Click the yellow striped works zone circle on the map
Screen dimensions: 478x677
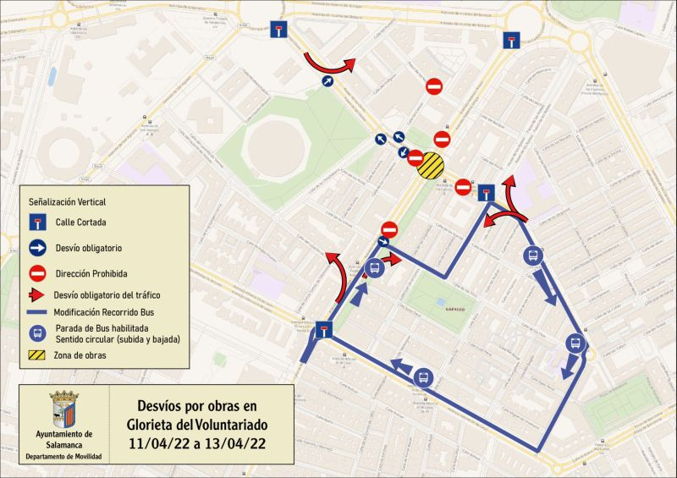(431, 166)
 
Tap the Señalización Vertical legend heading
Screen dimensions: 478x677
(68, 202)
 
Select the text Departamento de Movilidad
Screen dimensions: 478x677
(63, 457)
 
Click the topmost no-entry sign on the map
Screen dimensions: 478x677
(433, 86)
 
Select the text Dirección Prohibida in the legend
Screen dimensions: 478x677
(91, 273)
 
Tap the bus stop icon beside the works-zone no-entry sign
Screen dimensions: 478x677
(375, 269)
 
